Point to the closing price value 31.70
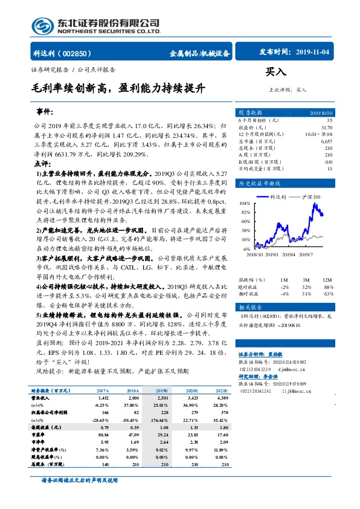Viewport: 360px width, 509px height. [x=327, y=128]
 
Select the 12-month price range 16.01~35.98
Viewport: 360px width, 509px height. [x=320, y=134]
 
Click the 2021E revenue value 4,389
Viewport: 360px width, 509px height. [x=220, y=399]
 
